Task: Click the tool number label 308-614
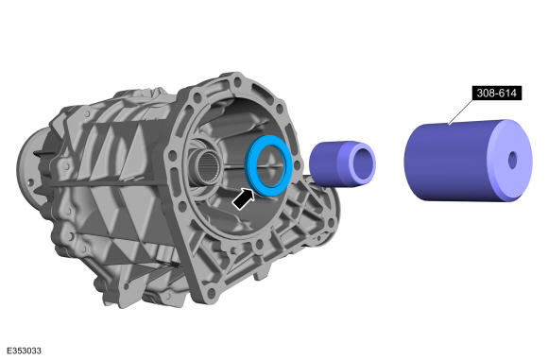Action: click(497, 93)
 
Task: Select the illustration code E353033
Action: click(25, 351)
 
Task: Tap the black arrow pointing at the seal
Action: click(244, 199)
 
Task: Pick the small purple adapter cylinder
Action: click(342, 163)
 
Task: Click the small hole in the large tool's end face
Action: click(512, 160)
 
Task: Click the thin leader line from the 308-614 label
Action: click(461, 111)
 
